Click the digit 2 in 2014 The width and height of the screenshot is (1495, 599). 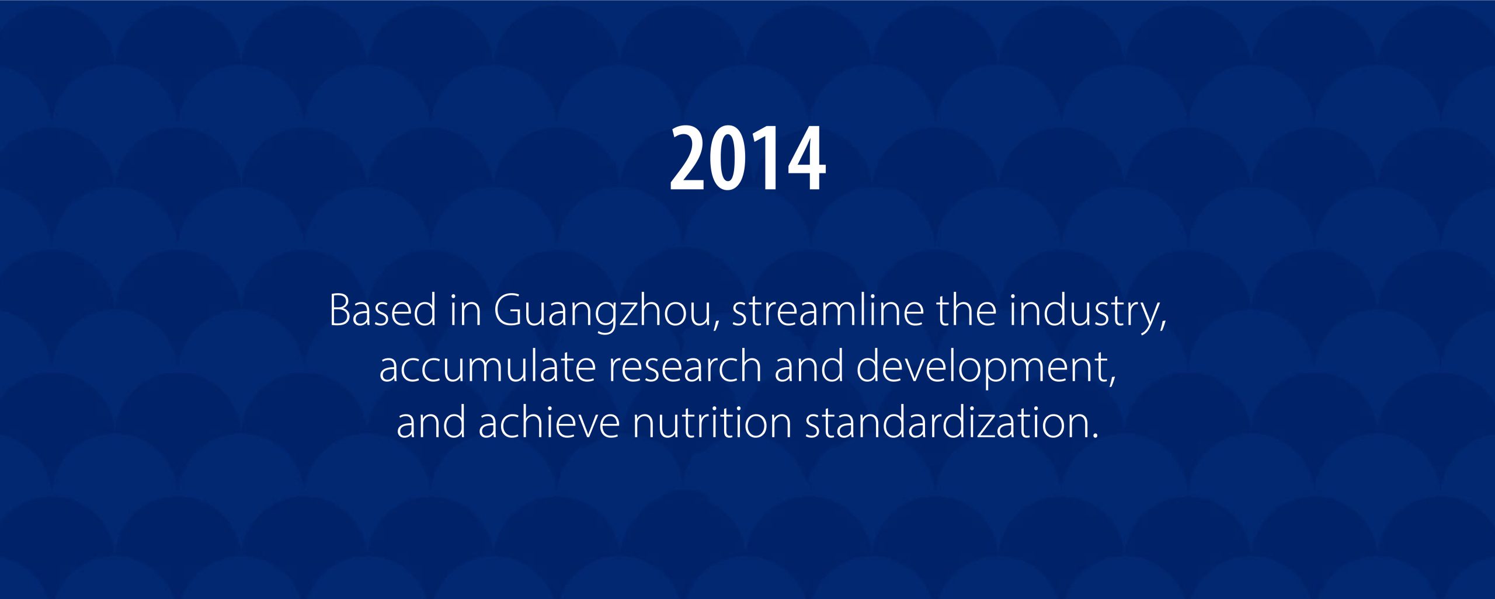pos(689,158)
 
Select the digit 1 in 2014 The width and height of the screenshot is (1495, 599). pos(764,158)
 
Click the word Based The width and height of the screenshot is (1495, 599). pos(383,309)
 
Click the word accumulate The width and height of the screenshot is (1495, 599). pos(487,366)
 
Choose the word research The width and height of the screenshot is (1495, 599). pos(685,366)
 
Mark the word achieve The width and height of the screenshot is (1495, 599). pos(549,422)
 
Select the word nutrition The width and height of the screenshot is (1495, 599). pos(712,422)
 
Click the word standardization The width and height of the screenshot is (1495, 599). pos(946,422)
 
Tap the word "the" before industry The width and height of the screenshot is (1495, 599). pos(966,309)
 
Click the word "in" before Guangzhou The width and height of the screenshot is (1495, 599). pos(465,309)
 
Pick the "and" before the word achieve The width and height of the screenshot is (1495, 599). pos(431,422)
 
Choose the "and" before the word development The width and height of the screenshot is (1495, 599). pos(809,366)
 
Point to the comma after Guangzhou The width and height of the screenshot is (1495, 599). pos(716,324)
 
